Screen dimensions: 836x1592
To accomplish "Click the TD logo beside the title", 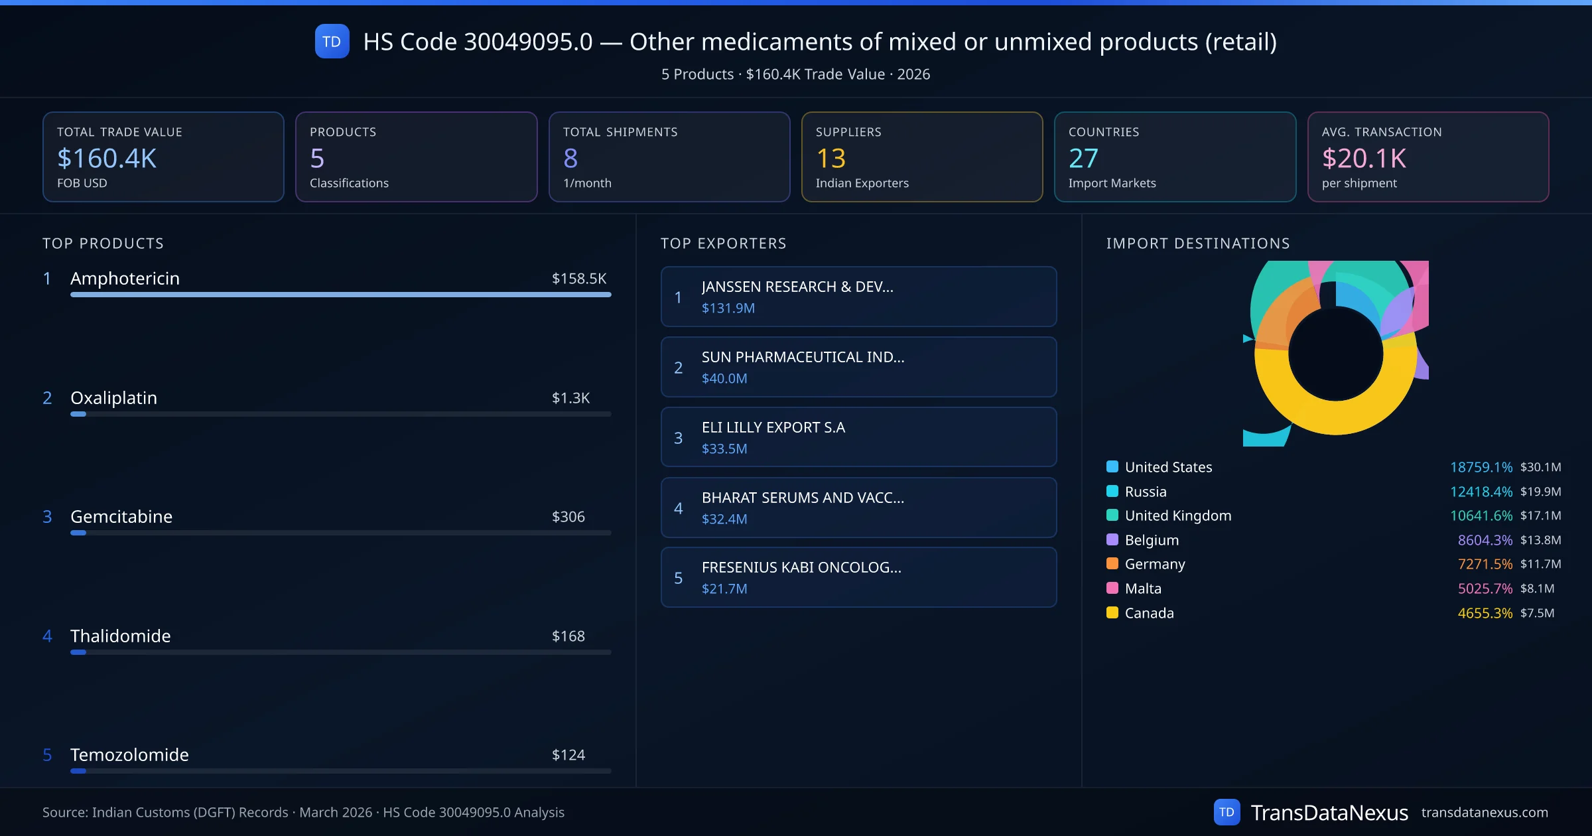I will (332, 41).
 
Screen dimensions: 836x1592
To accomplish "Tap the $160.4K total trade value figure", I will (107, 159).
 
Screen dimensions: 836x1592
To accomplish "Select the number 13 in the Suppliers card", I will (830, 159).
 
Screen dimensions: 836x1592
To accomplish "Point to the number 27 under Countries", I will (1083, 159).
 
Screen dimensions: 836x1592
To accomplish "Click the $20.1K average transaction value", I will (1364, 159).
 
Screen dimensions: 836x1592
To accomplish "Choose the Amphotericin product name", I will (125, 279).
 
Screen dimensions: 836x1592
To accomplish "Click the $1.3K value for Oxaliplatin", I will (570, 398).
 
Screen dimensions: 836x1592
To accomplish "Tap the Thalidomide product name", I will (120, 636).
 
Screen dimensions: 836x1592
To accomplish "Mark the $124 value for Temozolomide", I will (568, 755).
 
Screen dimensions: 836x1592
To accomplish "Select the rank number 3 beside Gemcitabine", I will (47, 517).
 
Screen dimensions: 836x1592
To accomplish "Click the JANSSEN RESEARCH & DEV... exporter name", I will (797, 287).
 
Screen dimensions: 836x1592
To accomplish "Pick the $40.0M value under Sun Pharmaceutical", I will (724, 378).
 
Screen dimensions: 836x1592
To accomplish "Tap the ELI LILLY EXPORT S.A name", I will (773, 427).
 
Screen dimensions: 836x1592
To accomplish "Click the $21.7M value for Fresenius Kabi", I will (724, 589).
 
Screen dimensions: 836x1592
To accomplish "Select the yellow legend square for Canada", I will (1112, 612).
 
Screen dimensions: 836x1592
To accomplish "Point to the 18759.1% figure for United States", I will (1481, 467).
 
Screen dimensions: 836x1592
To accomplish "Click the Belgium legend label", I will (1152, 540).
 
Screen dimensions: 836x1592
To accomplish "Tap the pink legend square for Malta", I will (1112, 588).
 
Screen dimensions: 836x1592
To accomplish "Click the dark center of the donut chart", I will (1335, 354).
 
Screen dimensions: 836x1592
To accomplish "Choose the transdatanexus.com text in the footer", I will (1485, 813).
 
